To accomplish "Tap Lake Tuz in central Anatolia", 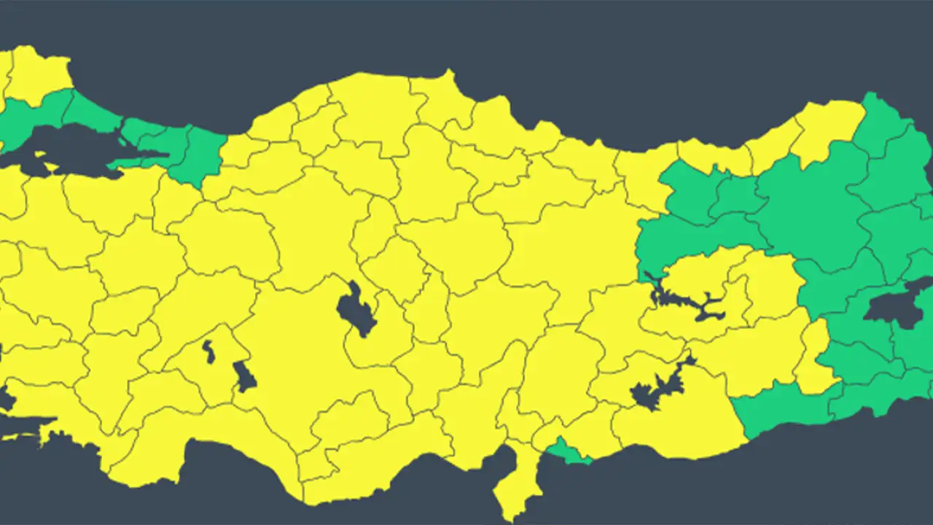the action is [x=355, y=310].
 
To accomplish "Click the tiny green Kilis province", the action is [x=568, y=453].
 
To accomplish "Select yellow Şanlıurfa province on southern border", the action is [x=678, y=423].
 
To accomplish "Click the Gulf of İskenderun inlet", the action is [x=503, y=459].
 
